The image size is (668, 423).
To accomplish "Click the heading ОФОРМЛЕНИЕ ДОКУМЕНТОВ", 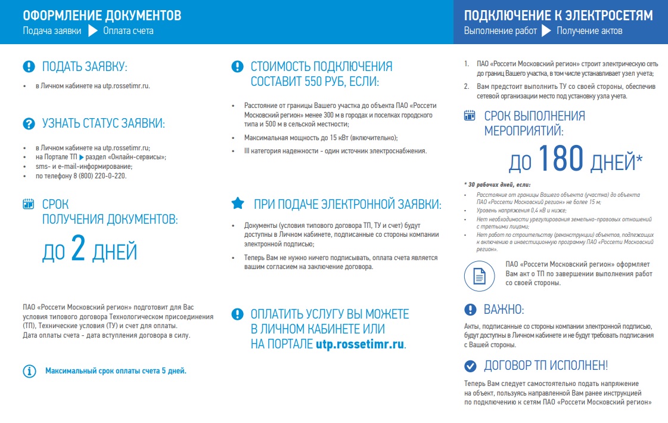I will pos(102,16).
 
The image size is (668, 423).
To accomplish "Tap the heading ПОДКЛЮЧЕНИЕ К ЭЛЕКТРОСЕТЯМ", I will pos(558,16).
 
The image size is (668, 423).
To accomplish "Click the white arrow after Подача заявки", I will pos(92,30).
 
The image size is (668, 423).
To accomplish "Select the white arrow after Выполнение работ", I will pos(546,30).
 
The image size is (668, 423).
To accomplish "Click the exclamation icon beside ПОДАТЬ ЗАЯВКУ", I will pos(29,66).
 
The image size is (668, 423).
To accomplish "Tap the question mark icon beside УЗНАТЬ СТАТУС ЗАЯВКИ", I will pos(29,123).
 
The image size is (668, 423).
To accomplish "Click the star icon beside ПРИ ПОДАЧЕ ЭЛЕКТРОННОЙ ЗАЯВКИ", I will pos(237,204).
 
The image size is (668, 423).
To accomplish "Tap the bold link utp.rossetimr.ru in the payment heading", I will pos(360,344).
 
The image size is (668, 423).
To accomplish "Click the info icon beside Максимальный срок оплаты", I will pos(29,371).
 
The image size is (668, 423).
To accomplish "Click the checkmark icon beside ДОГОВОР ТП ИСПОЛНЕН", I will pos(470,366).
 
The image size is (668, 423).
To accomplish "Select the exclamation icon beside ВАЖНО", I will pos(470,309).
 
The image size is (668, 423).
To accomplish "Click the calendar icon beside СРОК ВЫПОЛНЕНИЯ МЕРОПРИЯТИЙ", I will pos(470,115).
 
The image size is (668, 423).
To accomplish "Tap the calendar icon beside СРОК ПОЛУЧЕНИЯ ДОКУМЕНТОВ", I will pos(28,204).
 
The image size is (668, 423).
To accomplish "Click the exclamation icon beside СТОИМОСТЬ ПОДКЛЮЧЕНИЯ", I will pos(237,66).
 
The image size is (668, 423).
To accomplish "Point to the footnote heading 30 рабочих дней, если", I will pos(497,184).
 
